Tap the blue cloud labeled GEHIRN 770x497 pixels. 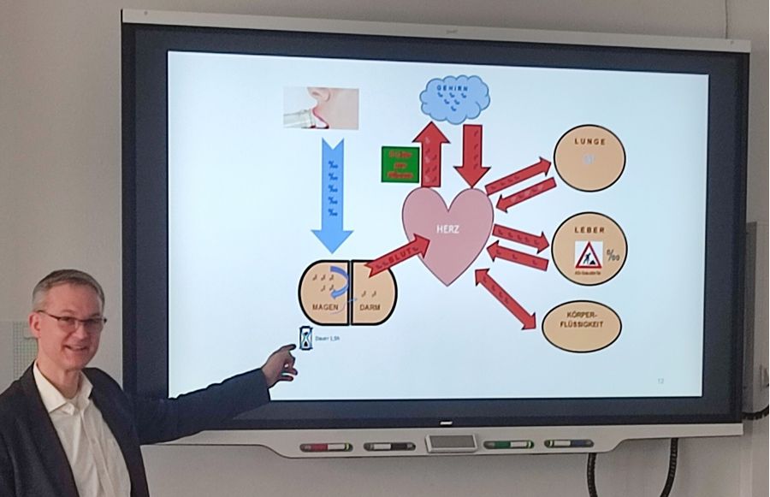(x=454, y=98)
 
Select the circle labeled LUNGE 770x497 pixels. (x=589, y=157)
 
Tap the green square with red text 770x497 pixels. (x=400, y=164)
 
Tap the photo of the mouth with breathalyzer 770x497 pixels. (x=321, y=108)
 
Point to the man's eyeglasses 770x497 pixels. (x=72, y=322)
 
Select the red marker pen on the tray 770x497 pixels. (x=326, y=447)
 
